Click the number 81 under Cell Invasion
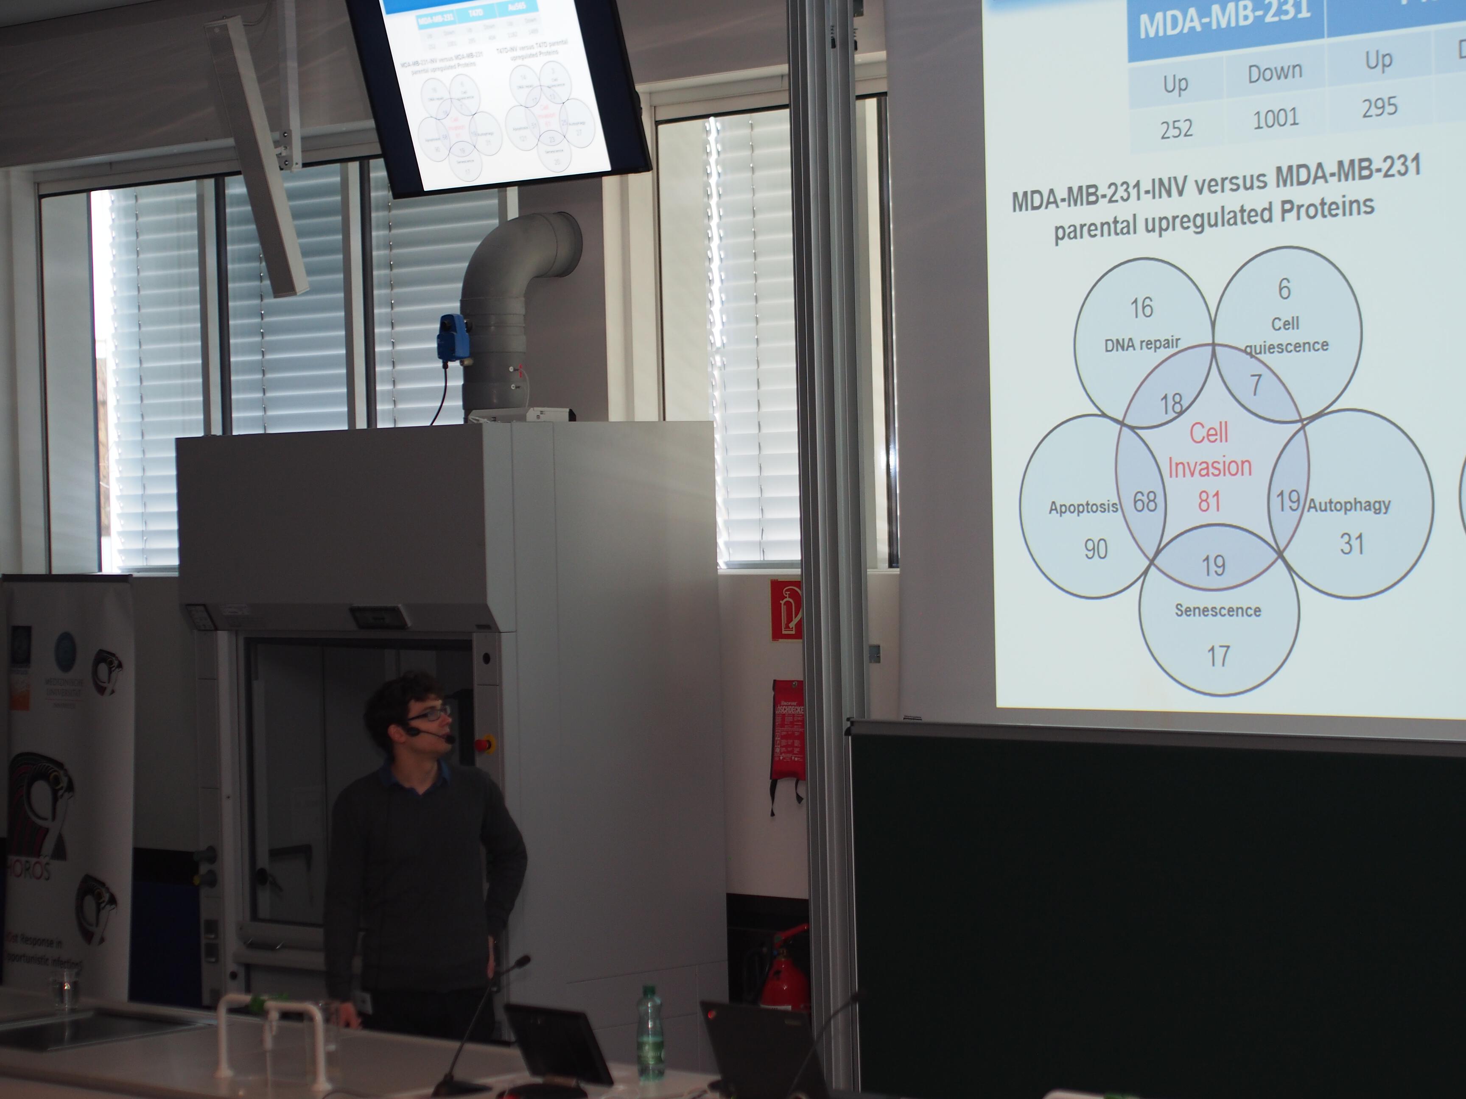1209,502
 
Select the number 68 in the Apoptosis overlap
1144,502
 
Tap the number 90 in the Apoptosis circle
1096,549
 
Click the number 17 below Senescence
1218,656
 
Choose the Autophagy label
1348,505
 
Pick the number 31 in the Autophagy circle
1351,544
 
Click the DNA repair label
1142,344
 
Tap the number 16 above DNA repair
1141,308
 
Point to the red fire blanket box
787,729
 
